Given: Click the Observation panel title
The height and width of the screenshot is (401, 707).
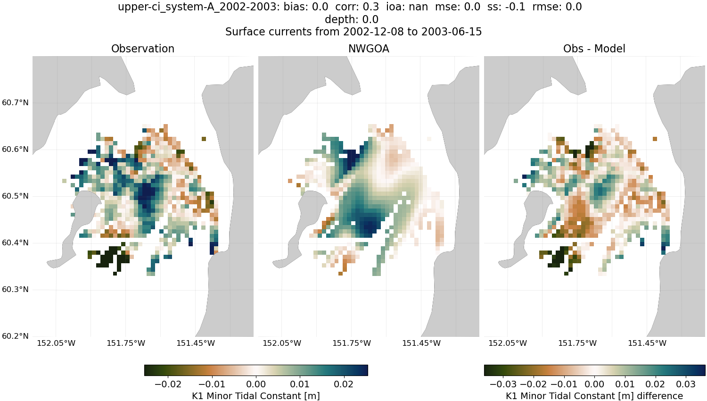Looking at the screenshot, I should (x=142, y=49).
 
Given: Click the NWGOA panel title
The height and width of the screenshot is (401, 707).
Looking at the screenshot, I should (x=369, y=49).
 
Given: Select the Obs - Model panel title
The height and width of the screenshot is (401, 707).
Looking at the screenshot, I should (x=594, y=49).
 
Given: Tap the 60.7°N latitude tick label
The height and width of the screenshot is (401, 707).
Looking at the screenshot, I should (x=15, y=103).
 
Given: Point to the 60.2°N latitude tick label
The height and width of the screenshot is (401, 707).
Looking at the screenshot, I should (x=15, y=336).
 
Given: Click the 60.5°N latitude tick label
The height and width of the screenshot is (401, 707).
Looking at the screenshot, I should (x=15, y=196).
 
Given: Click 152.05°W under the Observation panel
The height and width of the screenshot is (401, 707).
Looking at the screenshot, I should (x=56, y=343).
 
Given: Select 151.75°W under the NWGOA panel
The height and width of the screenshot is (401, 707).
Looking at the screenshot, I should (x=352, y=343).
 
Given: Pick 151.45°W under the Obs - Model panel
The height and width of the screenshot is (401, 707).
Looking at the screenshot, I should (x=647, y=343).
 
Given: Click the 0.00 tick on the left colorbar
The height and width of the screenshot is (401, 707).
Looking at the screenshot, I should (x=256, y=384).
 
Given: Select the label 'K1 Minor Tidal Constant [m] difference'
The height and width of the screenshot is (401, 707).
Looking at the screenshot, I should (x=594, y=396).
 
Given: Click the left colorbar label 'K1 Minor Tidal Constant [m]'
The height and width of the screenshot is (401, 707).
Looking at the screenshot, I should (x=255, y=396).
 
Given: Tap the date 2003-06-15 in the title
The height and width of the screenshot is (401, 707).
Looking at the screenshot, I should (x=452, y=32).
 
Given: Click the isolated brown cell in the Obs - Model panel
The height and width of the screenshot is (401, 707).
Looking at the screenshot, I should (x=655, y=139).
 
